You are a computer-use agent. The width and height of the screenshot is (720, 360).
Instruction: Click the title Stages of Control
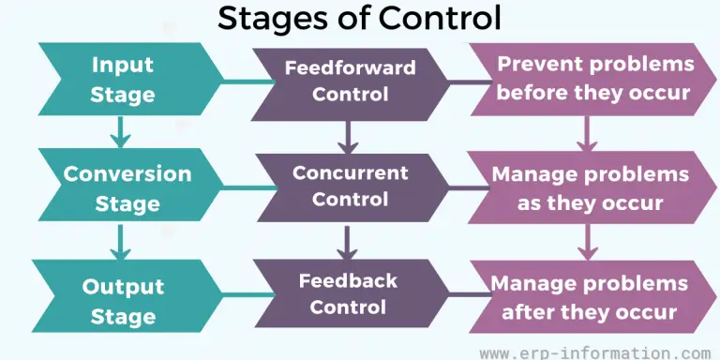(x=359, y=18)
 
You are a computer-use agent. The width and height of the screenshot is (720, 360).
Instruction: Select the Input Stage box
(x=123, y=80)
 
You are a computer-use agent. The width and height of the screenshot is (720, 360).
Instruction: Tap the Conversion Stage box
(x=127, y=187)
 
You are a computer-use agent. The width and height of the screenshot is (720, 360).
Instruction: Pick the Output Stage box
(x=123, y=300)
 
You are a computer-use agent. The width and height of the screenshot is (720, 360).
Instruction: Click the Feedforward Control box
(x=350, y=81)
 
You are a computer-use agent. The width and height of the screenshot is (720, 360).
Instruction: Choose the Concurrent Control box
(x=350, y=186)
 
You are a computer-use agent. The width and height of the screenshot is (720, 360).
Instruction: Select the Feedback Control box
(x=348, y=293)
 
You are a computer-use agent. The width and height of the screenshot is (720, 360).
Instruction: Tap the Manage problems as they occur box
(x=591, y=187)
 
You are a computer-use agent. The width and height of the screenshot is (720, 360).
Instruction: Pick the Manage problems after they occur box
(x=590, y=297)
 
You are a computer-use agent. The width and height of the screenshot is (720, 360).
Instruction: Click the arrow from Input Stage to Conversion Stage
(x=119, y=132)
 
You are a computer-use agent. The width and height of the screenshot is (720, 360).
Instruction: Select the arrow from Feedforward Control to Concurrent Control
(x=349, y=136)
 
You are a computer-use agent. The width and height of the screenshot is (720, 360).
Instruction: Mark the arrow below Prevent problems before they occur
(x=587, y=135)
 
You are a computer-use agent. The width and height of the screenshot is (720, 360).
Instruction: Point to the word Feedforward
(x=350, y=68)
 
